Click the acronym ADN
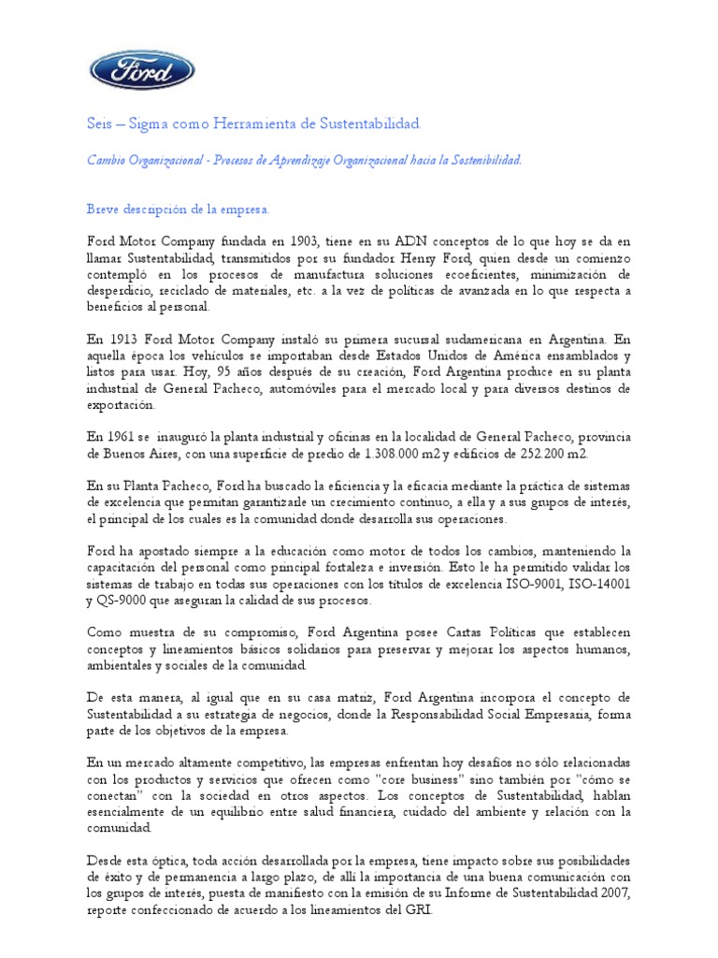(406, 241)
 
